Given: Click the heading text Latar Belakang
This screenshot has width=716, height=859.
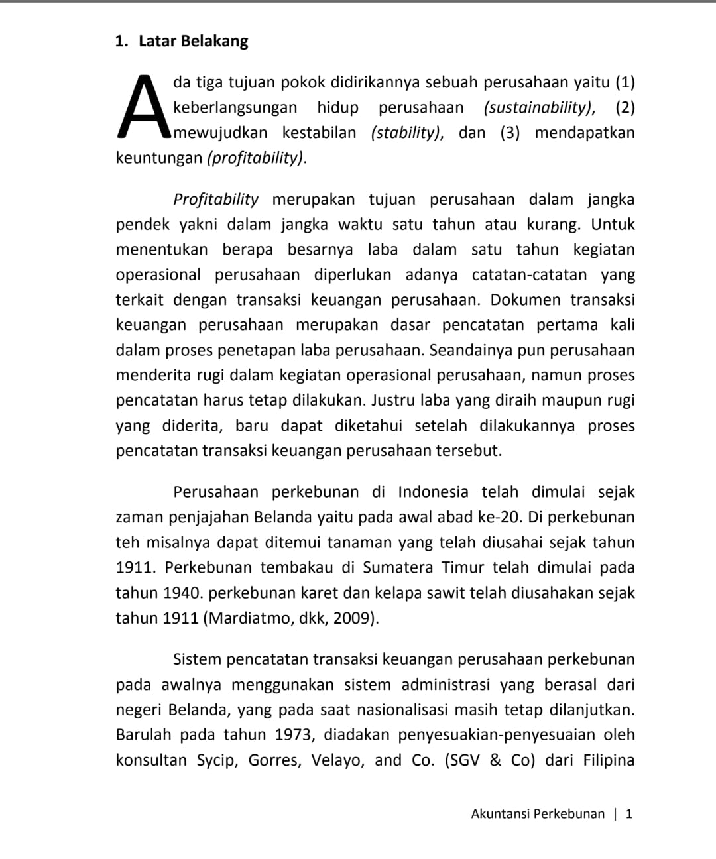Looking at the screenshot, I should pos(193,41).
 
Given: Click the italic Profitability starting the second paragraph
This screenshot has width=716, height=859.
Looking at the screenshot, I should pos(215,200).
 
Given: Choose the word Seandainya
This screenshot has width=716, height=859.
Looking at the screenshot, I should pos(470,350).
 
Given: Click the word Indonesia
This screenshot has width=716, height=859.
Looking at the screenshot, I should pos(433,492).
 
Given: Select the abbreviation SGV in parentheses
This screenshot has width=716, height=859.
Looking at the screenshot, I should pos(465,760).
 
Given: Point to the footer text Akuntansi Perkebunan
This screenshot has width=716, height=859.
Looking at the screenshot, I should pos(538,813).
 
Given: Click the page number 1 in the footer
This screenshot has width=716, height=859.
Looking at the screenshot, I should pos(628,813).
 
